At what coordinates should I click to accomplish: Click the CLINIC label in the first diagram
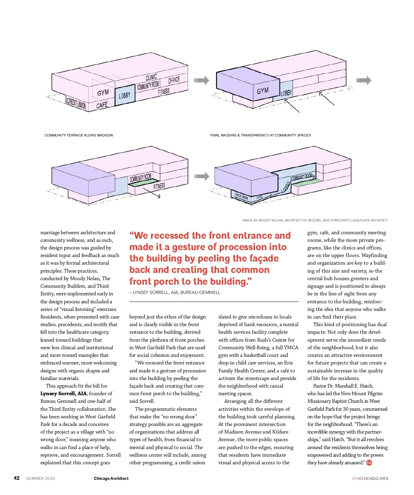[151, 77]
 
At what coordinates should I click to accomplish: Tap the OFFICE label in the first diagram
[174, 80]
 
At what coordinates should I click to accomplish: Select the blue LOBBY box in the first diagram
[125, 95]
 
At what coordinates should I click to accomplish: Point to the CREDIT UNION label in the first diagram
[76, 103]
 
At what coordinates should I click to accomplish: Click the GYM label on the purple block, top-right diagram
[263, 91]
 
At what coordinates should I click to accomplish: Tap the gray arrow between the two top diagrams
[201, 80]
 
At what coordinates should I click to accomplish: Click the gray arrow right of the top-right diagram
[364, 80]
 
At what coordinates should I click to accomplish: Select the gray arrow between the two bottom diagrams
[201, 176]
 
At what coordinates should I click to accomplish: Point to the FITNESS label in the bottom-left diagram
[159, 186]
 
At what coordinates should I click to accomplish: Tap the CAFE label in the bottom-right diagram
[259, 197]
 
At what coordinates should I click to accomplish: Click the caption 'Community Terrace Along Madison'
[79, 135]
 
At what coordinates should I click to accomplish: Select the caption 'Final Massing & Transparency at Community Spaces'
[260, 135]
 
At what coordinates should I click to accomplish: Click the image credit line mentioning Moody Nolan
[315, 220]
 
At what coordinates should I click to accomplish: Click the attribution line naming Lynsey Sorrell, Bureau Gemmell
[175, 292]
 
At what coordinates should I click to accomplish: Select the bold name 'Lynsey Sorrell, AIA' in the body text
[63, 393]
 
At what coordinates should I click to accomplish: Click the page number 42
[17, 478]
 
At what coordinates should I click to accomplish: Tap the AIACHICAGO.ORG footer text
[370, 478]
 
